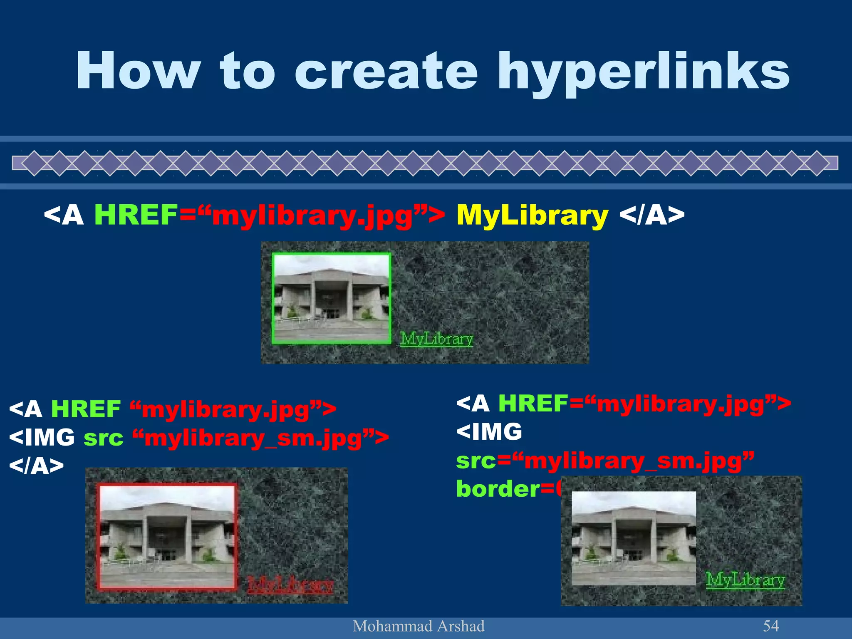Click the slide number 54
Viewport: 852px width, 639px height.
coord(770,626)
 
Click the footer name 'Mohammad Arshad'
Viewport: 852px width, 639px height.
coord(419,626)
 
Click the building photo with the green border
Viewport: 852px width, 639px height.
coord(332,299)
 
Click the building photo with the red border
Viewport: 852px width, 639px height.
coord(167,537)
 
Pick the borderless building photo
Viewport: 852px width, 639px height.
coord(633,538)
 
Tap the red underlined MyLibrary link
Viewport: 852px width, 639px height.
coord(290,585)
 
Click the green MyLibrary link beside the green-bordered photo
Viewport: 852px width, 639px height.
coord(436,339)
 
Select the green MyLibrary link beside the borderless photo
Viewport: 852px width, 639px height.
coord(745,580)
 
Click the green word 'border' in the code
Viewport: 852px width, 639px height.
coord(498,489)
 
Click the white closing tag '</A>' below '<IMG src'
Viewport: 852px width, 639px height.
coord(36,466)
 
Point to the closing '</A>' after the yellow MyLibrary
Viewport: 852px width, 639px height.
coord(651,215)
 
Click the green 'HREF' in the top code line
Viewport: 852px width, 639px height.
coord(136,215)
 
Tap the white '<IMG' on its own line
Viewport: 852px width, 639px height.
coord(489,431)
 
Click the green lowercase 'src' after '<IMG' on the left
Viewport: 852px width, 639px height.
coord(104,438)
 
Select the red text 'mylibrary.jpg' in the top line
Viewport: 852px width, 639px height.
coord(312,216)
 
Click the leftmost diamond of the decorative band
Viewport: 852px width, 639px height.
coord(35,163)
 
